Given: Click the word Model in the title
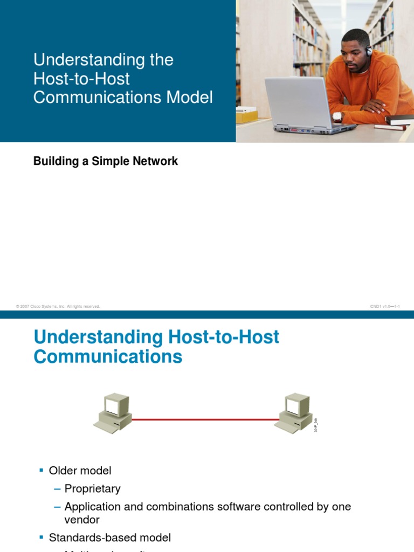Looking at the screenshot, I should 190,98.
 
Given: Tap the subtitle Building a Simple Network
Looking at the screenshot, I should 106,161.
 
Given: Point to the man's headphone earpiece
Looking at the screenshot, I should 369,52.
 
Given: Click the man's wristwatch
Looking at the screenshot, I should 337,116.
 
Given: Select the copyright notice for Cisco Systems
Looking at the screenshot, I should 58,306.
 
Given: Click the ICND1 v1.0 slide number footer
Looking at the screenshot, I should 384,306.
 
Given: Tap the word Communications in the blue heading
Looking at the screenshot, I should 108,357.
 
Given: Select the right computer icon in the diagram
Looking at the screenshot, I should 294,412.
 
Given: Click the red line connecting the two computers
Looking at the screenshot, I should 205,419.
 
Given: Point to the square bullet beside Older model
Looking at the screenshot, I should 42,471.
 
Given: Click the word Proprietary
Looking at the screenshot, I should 92,489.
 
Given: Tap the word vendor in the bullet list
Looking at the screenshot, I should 82,520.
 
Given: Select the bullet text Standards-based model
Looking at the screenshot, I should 110,537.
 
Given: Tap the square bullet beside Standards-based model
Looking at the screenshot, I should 42,537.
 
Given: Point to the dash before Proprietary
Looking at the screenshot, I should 57,489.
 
